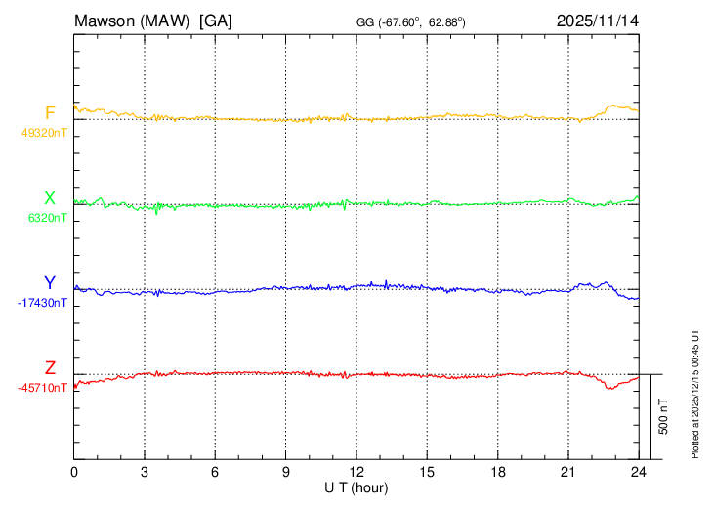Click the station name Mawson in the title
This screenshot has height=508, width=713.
106,20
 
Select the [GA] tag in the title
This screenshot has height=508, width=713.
216,20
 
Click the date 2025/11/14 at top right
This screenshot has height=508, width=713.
597,20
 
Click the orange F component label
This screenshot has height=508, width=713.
50,112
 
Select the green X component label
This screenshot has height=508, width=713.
50,198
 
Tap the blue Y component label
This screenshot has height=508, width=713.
50,283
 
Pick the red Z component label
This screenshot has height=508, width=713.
50,368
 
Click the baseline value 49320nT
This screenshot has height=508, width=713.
44,132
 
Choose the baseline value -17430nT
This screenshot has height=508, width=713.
42,303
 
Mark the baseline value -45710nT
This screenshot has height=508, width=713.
42,388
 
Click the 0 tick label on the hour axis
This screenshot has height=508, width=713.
75,473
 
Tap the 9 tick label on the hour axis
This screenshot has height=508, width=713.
286,473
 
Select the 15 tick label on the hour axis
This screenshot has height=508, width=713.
427,473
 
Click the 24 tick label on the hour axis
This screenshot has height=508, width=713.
639,473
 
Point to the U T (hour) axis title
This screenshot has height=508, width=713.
356,487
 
